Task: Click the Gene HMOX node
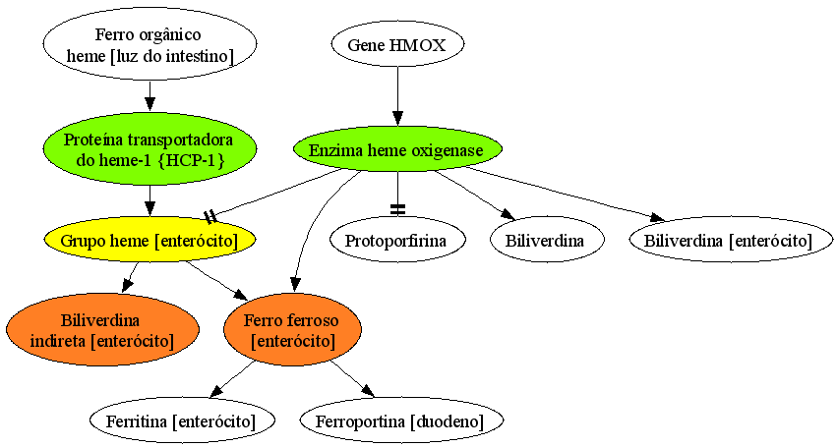(397, 44)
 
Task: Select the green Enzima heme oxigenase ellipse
(397, 149)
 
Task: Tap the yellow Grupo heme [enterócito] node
(150, 240)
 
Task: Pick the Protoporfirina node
(397, 240)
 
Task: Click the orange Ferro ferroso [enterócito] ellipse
(292, 329)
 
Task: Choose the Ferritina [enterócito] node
(182, 420)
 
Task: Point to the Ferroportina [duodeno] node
(401, 420)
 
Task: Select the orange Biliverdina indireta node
(102, 329)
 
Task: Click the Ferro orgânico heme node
(150, 44)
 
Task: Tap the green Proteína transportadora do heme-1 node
(150, 149)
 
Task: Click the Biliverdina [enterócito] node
(731, 240)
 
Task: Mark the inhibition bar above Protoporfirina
(397, 210)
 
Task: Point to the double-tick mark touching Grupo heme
(210, 216)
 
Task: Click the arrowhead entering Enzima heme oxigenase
(397, 119)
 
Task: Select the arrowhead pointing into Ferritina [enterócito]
(217, 391)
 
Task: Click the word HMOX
(417, 45)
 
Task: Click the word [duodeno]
(448, 421)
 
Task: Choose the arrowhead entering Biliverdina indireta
(127, 285)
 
